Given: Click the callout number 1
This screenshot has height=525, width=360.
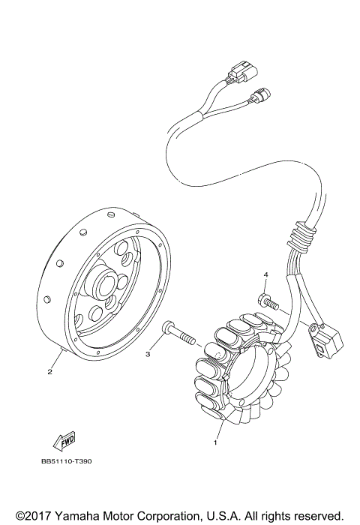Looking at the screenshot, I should pyautogui.click(x=216, y=442).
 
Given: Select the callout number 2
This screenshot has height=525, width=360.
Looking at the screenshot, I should pyautogui.click(x=50, y=371).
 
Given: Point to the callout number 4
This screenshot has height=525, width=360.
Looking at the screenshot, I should pyautogui.click(x=264, y=277).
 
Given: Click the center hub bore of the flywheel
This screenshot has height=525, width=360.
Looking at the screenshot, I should pyautogui.click(x=103, y=286).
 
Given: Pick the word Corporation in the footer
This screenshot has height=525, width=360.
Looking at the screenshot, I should pyautogui.click(x=169, y=516).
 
